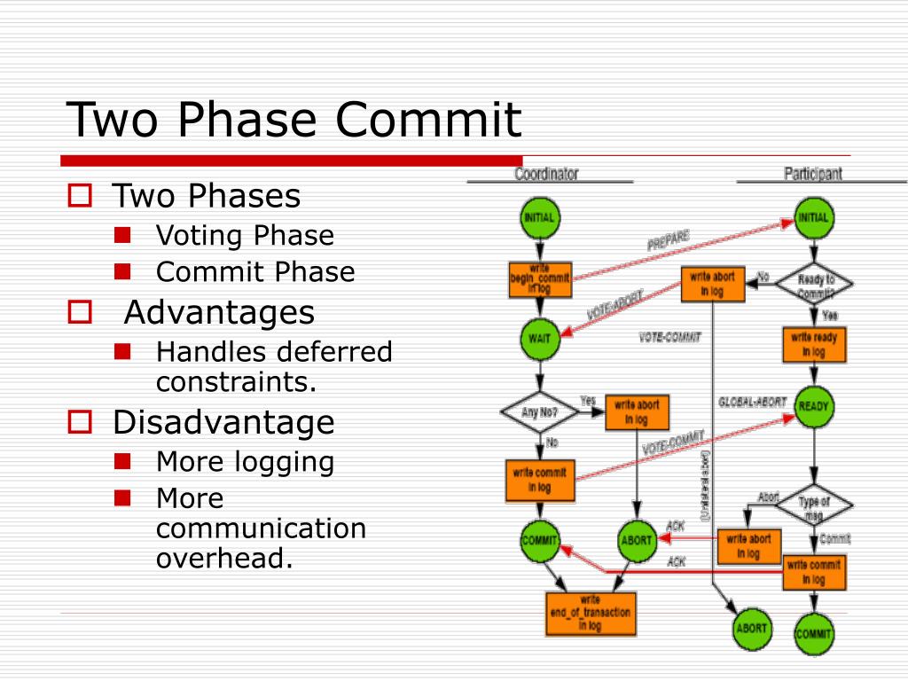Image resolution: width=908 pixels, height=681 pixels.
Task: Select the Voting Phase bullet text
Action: coord(245,236)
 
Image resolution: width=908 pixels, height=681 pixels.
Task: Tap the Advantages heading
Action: coord(219,312)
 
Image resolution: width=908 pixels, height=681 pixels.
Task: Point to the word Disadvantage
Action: coord(223,422)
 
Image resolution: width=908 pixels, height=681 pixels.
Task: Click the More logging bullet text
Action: coord(245,462)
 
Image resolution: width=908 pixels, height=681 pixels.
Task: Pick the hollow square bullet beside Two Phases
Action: coord(81,196)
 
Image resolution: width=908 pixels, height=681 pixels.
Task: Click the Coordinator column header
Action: coord(545,174)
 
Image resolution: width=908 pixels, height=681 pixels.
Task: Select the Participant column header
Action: coord(812,174)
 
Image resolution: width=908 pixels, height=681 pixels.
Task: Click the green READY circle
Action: coord(813,407)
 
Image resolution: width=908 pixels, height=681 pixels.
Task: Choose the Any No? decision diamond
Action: coord(539,411)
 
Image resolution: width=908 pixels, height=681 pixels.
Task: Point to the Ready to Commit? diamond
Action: coord(814,284)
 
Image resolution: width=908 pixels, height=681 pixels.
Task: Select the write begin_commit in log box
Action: coord(539,278)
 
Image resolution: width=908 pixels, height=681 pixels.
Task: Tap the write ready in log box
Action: coord(813,344)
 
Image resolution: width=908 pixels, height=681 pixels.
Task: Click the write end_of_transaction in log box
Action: coord(591,613)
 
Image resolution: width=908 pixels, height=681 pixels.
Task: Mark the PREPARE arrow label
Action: coord(668,240)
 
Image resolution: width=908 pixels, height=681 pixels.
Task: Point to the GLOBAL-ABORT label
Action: coord(752,402)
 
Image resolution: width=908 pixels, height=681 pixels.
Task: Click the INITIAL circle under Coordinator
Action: coord(539,218)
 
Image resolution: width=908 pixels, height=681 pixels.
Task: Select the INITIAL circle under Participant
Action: coord(813,218)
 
